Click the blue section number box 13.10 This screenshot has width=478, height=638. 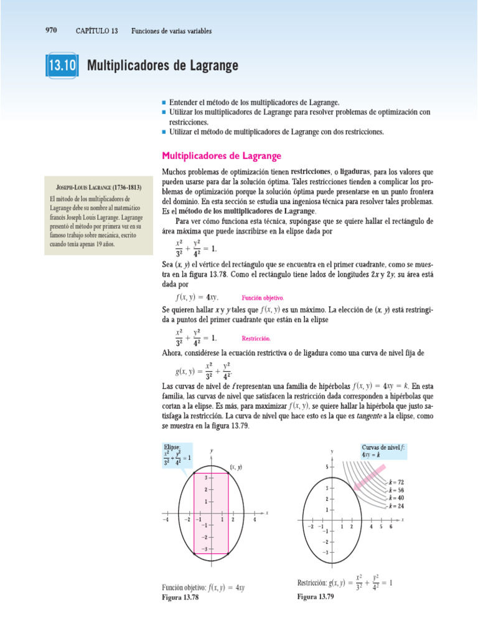point(61,65)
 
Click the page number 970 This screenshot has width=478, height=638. point(52,30)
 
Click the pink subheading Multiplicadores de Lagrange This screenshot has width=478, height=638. point(222,155)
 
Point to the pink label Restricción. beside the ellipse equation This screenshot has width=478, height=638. point(256,338)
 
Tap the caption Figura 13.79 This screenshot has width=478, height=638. point(316,596)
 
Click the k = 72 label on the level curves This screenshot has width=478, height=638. point(396,482)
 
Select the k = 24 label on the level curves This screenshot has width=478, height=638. point(396,507)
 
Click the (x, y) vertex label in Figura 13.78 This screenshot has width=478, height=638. point(236,467)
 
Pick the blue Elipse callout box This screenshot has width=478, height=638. point(177,455)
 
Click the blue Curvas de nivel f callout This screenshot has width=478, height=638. point(383,451)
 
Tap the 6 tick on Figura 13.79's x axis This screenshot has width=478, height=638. point(391,527)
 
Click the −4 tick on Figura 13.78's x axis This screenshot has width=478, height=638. point(166,519)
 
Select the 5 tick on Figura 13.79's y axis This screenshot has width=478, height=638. point(327,466)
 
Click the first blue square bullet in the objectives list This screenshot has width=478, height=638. point(164,101)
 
